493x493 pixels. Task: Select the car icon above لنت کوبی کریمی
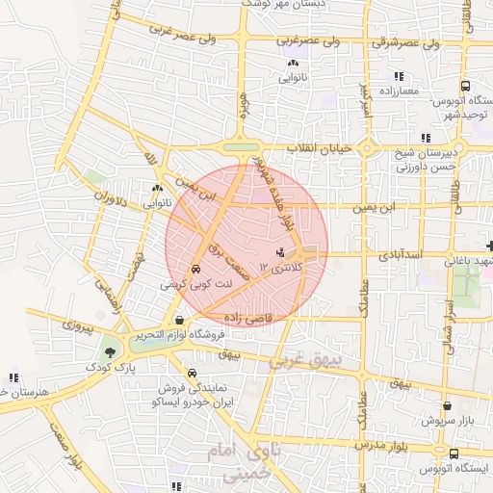pos(196,270)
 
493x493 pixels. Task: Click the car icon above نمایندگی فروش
pos(192,373)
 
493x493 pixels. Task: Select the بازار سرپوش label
pos(450,421)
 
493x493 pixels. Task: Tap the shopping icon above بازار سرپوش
pos(448,405)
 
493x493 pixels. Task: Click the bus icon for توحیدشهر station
pos(464,85)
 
